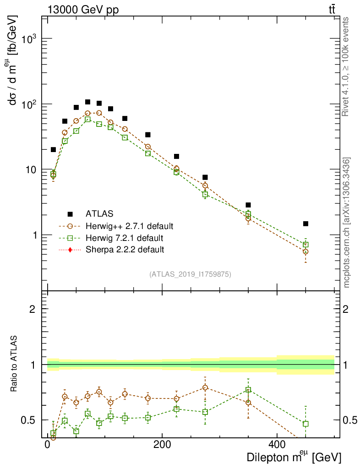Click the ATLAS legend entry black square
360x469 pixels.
pyautogui.click(x=70, y=213)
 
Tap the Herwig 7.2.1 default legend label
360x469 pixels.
pyautogui.click(x=125, y=238)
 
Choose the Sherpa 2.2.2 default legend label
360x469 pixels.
pyautogui.click(x=125, y=250)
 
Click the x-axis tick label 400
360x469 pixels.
pyautogui.click(x=277, y=445)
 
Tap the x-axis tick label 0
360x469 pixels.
pyautogui.click(x=48, y=445)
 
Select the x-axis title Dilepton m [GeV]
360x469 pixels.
pyautogui.click(x=294, y=457)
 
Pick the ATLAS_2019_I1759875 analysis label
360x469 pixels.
pyautogui.click(x=190, y=274)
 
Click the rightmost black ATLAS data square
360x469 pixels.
pyautogui.click(x=305, y=224)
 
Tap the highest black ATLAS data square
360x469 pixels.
pyautogui.click(x=87, y=102)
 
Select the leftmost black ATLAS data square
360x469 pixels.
pyautogui.click(x=53, y=149)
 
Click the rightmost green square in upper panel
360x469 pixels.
pyautogui.click(x=305, y=245)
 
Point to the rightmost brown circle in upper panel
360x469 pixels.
pyautogui.click(x=305, y=251)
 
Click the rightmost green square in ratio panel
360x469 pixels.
pyautogui.click(x=305, y=424)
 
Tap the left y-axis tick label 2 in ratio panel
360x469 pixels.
pyautogui.click(x=33, y=309)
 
